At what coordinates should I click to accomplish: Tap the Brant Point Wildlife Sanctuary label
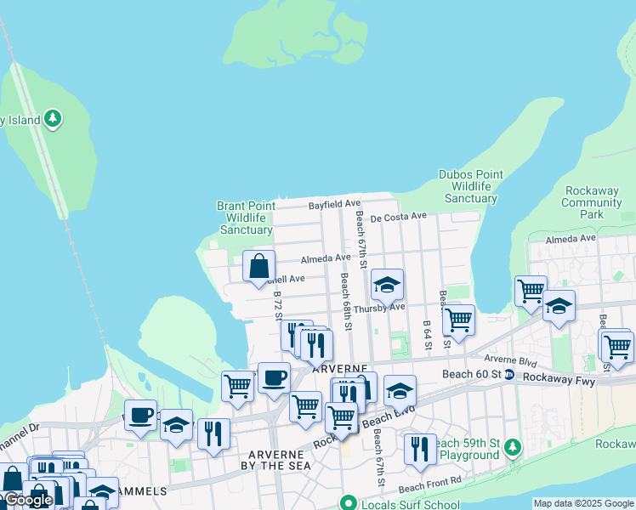point(246,218)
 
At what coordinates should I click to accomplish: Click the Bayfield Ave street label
point(334,205)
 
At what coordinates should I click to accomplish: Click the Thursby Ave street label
point(379,308)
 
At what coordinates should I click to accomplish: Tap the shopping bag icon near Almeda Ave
point(259,265)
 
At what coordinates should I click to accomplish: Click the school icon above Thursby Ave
point(387,285)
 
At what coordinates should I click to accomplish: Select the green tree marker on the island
point(54,118)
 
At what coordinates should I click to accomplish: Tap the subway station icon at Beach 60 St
point(509,375)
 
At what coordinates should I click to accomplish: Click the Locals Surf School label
point(399,504)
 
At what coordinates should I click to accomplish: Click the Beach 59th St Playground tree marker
point(511,447)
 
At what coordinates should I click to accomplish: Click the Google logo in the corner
point(28,500)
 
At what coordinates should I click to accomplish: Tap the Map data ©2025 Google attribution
point(584,504)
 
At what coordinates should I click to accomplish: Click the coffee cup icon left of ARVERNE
point(273,377)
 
